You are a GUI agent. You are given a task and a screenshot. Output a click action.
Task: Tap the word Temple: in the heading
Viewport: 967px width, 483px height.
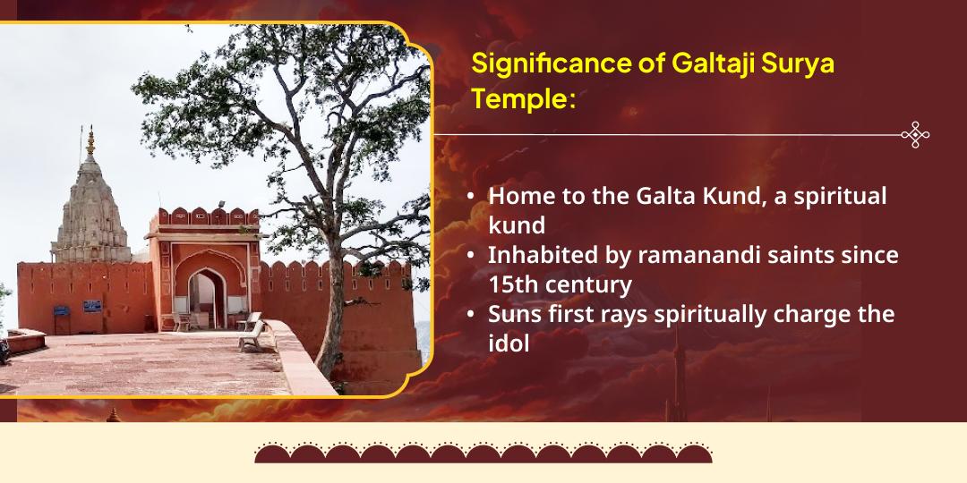(522, 98)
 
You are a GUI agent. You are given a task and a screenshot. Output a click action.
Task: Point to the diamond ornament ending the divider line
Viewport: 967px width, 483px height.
(914, 135)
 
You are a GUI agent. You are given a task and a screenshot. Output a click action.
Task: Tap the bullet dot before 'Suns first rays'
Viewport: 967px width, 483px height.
(472, 316)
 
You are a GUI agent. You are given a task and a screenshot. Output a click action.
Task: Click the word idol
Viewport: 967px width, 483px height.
(509, 343)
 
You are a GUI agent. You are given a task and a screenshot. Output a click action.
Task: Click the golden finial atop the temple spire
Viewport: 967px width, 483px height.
(90, 140)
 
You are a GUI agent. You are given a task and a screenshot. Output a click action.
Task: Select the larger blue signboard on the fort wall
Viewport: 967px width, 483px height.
(91, 306)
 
